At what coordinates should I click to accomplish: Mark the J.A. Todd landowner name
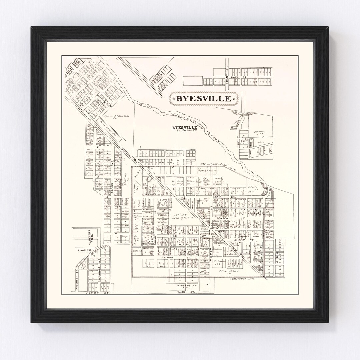pyautogui.click(x=251, y=187)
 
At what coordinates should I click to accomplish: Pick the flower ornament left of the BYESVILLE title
pyautogui.click(x=171, y=98)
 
